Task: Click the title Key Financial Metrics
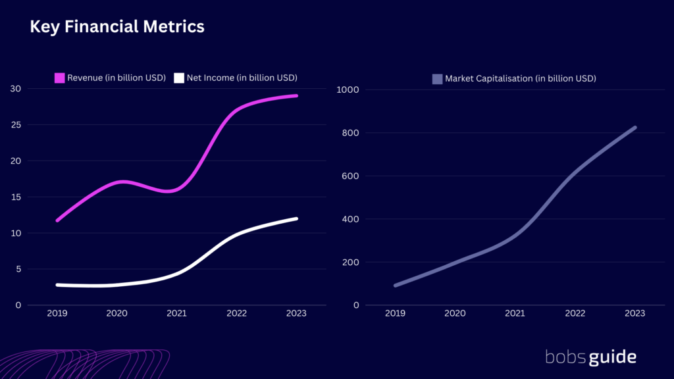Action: [x=117, y=27]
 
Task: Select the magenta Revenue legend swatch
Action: [x=59, y=78]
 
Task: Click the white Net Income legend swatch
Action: [x=178, y=78]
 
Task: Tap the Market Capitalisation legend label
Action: [x=520, y=78]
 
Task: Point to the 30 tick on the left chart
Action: [x=14, y=89]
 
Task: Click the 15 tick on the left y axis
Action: [x=14, y=197]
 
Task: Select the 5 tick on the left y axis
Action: [x=17, y=269]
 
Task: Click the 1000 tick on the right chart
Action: [x=348, y=89]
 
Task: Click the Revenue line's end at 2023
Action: [x=296, y=95]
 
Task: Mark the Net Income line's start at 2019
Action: [x=58, y=285]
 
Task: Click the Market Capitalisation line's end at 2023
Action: [x=635, y=128]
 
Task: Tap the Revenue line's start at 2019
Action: [x=58, y=220]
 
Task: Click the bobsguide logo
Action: [x=590, y=357]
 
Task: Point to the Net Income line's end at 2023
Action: [x=296, y=218]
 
